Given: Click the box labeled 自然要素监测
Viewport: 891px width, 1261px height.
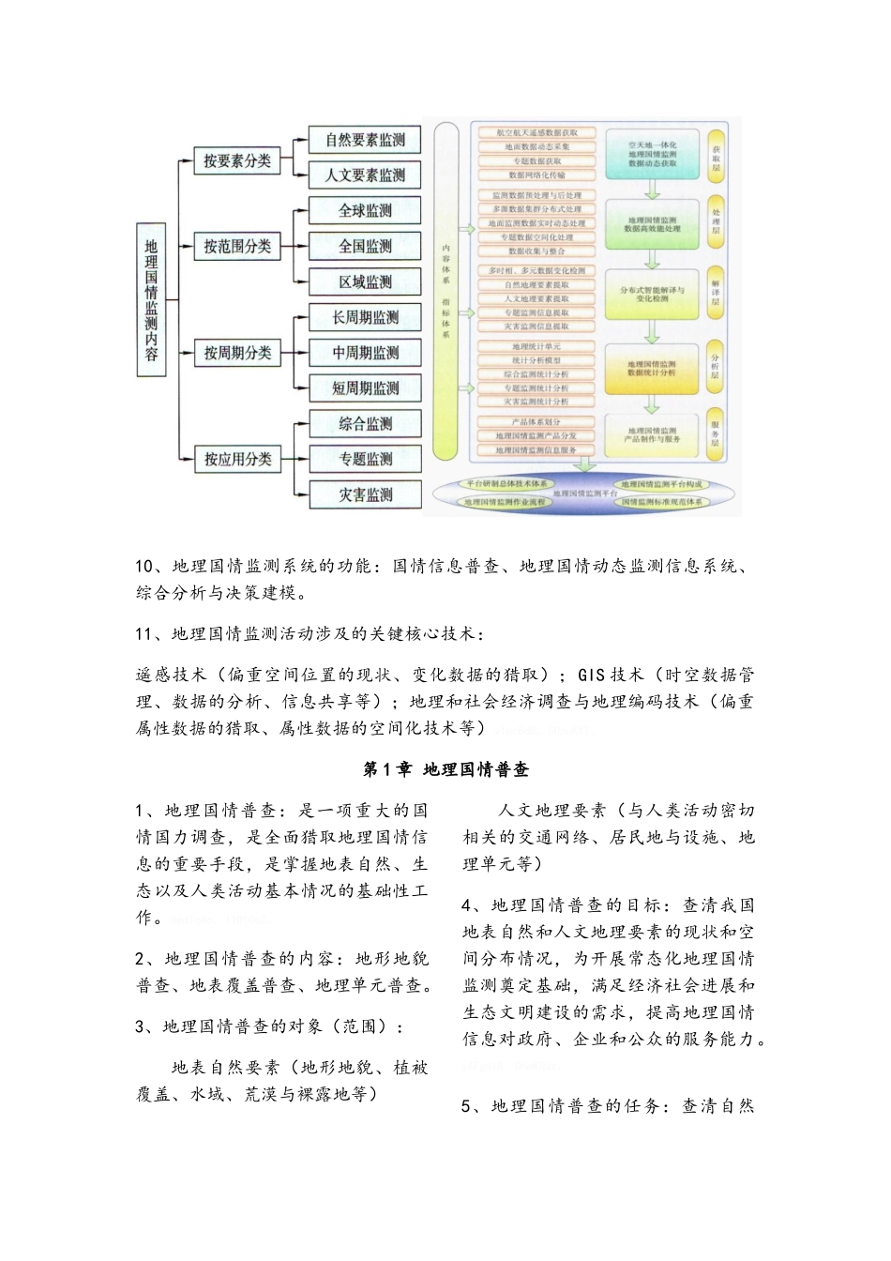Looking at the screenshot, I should [365, 140].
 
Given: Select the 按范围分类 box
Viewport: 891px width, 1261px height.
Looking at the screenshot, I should [237, 247].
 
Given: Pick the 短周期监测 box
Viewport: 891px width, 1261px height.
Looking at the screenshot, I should [365, 388].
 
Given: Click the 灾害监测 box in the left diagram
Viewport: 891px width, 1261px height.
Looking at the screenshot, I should [365, 494].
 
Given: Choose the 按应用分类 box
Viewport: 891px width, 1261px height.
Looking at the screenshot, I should [237, 459].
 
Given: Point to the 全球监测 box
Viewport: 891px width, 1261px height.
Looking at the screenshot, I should [365, 211].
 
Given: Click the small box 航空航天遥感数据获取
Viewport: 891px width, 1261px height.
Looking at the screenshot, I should [537, 133].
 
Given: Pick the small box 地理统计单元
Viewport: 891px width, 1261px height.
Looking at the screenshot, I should [537, 347].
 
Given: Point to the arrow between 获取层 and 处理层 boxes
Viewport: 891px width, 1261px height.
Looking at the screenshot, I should [651, 189].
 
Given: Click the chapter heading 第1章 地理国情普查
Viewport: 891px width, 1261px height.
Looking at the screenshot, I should [445, 769].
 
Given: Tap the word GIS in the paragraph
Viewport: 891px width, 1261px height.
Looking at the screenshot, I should [592, 675].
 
